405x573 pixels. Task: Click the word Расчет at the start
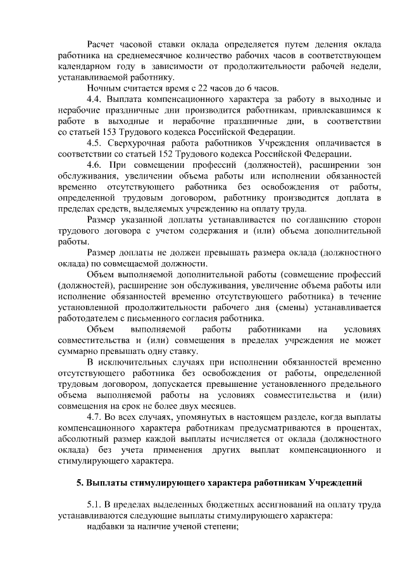coord(104,44)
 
